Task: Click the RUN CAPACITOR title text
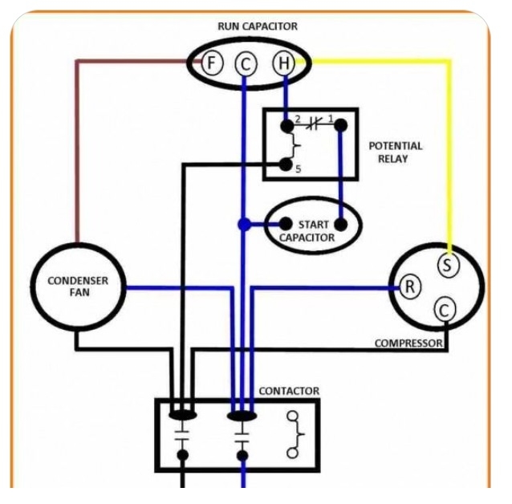258,26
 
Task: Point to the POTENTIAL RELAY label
395,152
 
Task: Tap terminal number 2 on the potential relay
286,126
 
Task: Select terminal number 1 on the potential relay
341,125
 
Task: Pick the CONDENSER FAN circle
77,287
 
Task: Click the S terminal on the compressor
448,264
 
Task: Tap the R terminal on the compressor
409,287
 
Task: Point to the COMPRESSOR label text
408,343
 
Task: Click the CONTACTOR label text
289,391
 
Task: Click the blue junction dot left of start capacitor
243,224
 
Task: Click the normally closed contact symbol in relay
313,124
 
